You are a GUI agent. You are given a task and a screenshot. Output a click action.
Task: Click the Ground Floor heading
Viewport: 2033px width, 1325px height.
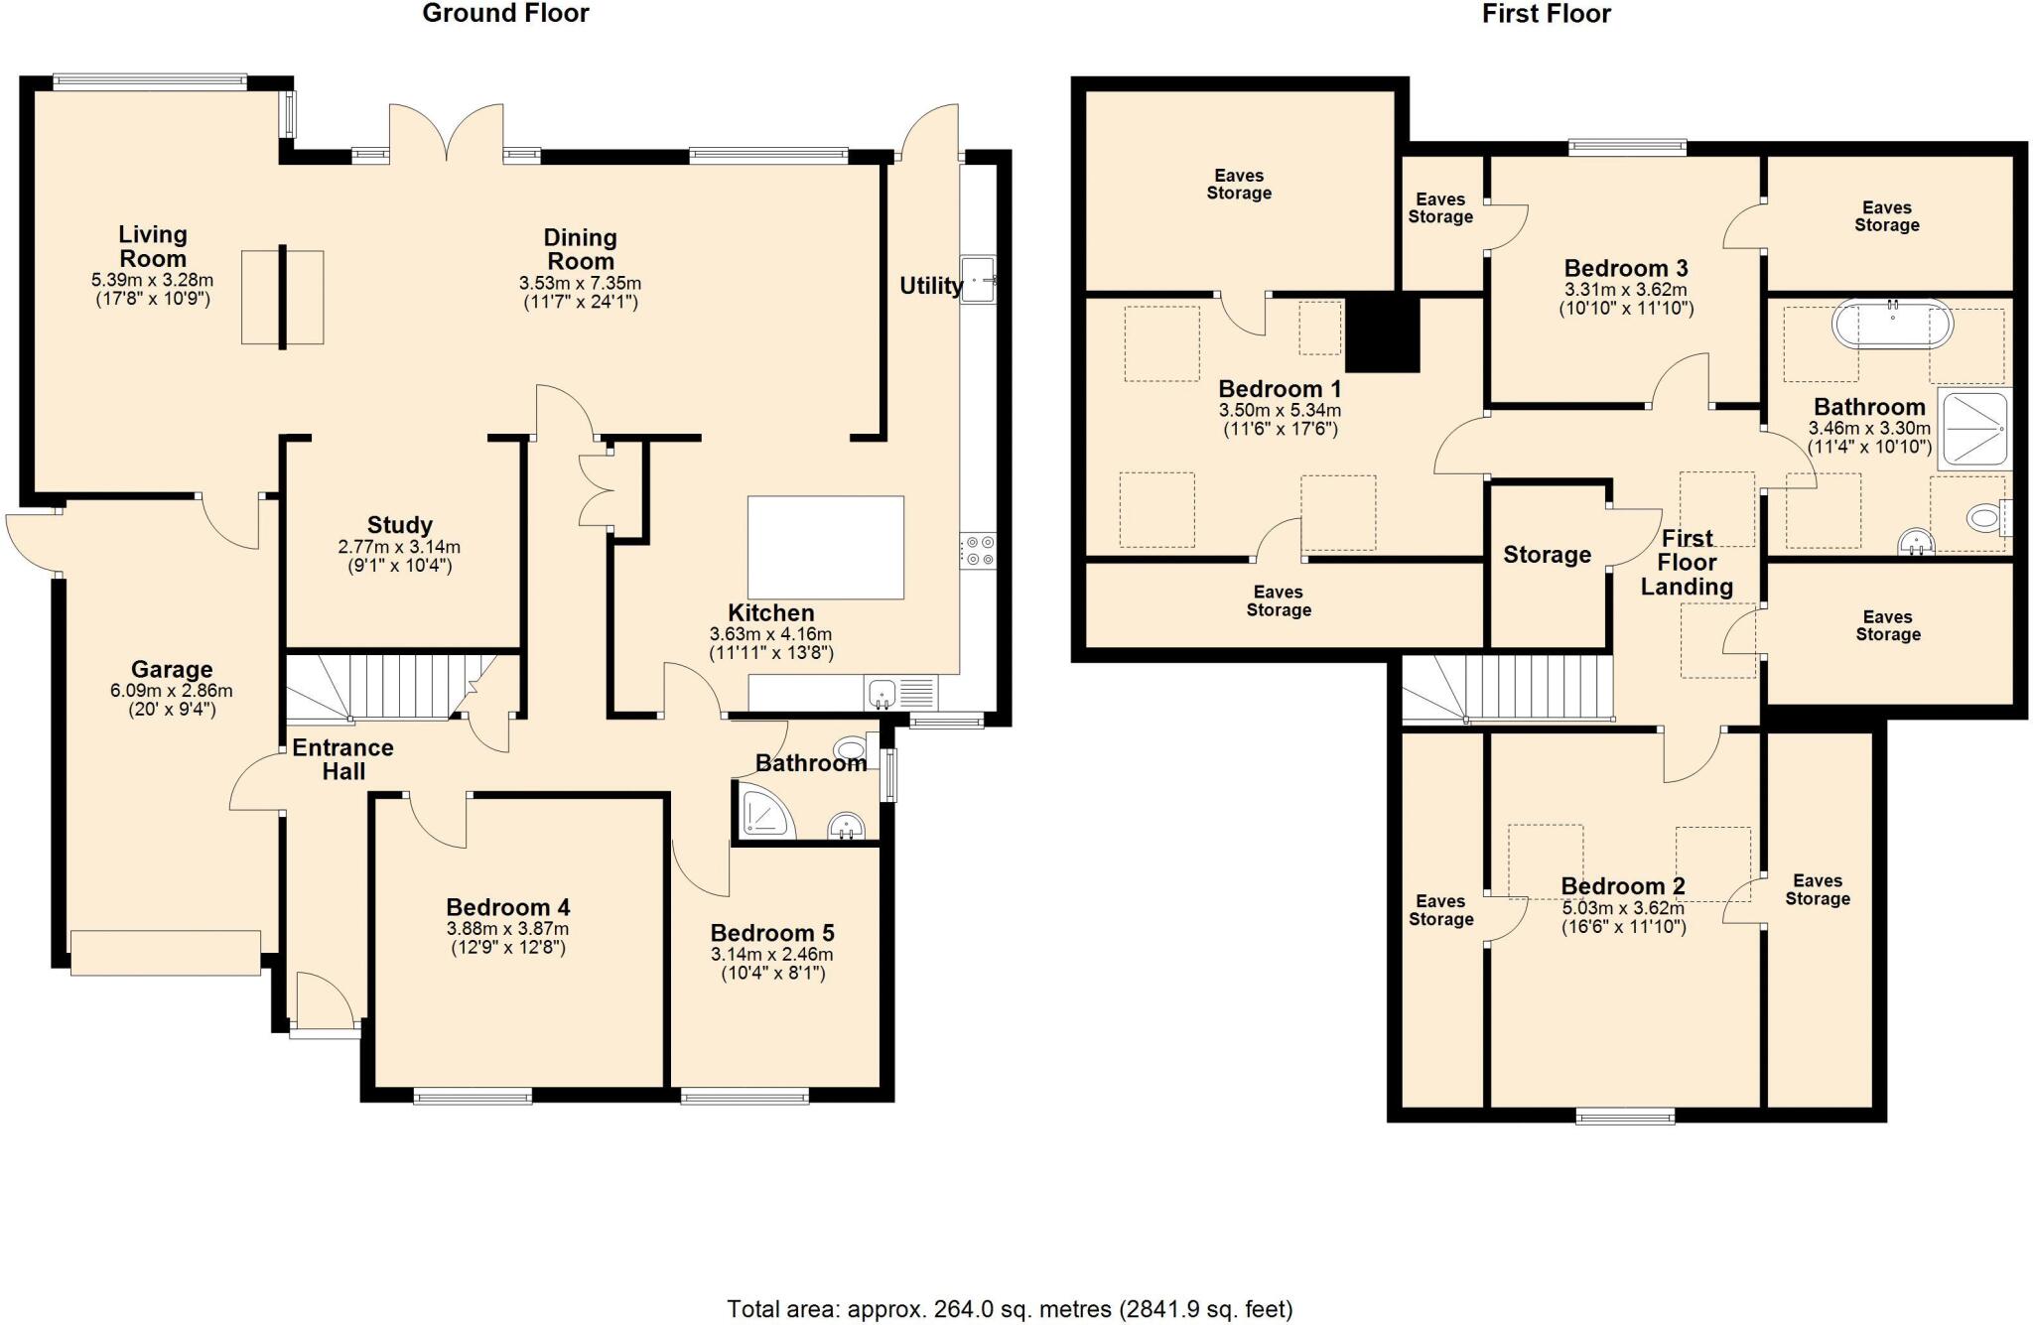pyautogui.click(x=505, y=13)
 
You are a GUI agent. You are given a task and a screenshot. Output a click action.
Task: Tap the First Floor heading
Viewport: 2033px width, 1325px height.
pyautogui.click(x=1546, y=13)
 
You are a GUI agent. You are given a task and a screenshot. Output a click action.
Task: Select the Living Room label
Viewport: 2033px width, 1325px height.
pyautogui.click(x=153, y=246)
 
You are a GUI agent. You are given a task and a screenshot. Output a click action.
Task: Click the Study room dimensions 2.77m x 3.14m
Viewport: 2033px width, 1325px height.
pyautogui.click(x=399, y=547)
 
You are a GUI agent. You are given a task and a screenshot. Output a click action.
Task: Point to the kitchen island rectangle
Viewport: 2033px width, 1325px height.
pyautogui.click(x=825, y=547)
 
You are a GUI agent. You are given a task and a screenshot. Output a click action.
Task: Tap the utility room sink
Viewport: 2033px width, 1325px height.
pyautogui.click(x=978, y=278)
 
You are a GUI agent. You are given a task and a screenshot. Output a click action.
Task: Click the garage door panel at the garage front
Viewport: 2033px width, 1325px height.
pyautogui.click(x=166, y=953)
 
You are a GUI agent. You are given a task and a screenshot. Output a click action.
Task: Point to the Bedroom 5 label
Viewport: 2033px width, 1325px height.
pyautogui.click(x=771, y=933)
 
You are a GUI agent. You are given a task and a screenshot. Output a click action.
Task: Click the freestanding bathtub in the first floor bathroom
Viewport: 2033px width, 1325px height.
pyautogui.click(x=1892, y=324)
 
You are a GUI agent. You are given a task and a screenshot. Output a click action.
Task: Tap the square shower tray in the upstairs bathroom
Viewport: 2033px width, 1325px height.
pyautogui.click(x=1974, y=428)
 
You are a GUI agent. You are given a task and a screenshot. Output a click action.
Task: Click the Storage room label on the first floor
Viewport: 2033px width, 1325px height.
pyautogui.click(x=1547, y=555)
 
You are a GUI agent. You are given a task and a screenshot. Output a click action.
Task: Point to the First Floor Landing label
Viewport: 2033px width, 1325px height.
pyautogui.click(x=1687, y=562)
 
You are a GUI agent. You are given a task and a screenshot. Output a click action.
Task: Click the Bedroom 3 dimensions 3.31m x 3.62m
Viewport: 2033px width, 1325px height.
pyautogui.click(x=1626, y=290)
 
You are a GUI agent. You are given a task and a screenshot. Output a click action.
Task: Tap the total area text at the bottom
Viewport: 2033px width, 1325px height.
pyautogui.click(x=1010, y=1310)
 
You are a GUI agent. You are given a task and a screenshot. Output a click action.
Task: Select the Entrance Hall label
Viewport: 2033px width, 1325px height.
pyautogui.click(x=342, y=759)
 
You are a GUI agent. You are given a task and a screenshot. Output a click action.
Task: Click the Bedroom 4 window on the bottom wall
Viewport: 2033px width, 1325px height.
pyautogui.click(x=473, y=1096)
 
